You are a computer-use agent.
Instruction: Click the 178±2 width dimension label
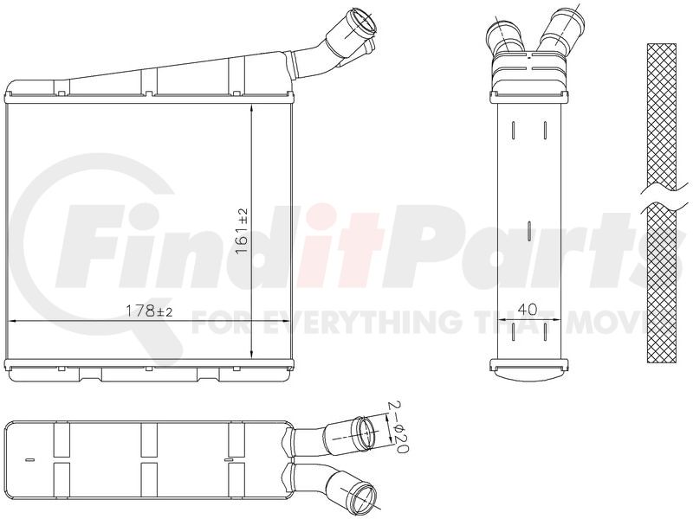coord(149,311)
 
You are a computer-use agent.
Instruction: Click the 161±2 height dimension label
coord(243,232)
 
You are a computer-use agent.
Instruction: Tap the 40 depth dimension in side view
coord(527,310)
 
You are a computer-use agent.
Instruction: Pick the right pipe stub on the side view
coord(560,27)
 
